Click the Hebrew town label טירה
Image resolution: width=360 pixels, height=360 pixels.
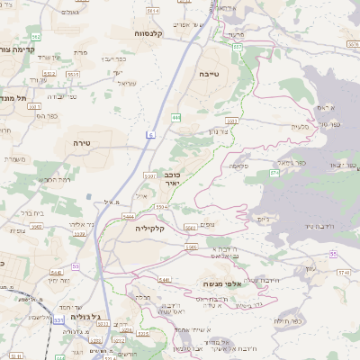[82, 142]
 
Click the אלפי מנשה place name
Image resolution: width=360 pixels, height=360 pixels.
[220, 283]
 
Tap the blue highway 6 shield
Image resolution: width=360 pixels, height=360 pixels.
[151, 134]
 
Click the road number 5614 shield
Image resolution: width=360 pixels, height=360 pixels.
[153, 11]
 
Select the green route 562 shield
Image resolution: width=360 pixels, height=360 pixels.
[36, 36]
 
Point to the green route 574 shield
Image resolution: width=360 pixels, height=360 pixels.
[274, 170]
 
